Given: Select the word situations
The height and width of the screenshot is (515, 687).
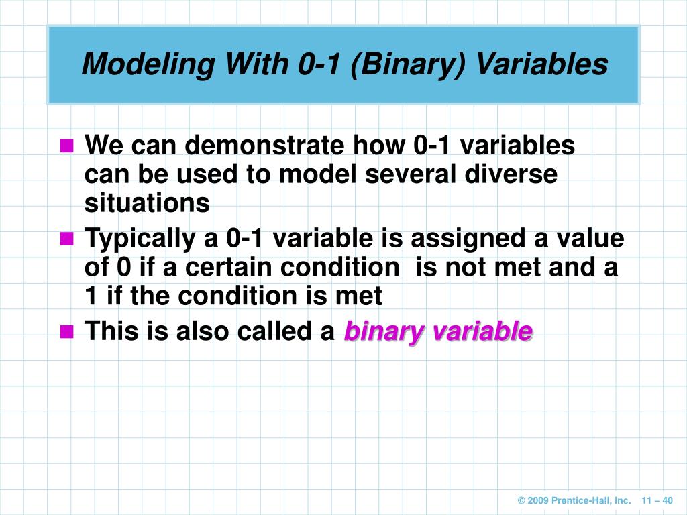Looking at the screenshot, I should click(147, 203).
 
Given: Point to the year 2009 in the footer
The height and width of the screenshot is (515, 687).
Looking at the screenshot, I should click(539, 500).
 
